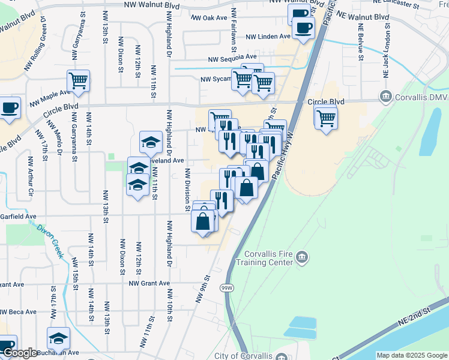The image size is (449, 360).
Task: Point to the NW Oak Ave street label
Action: tap(209, 18)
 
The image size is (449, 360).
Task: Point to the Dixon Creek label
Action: tap(50, 241)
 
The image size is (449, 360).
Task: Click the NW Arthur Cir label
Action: tap(30, 177)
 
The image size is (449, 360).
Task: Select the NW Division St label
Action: tap(187, 190)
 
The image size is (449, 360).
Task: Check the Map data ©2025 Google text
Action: tap(412, 355)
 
